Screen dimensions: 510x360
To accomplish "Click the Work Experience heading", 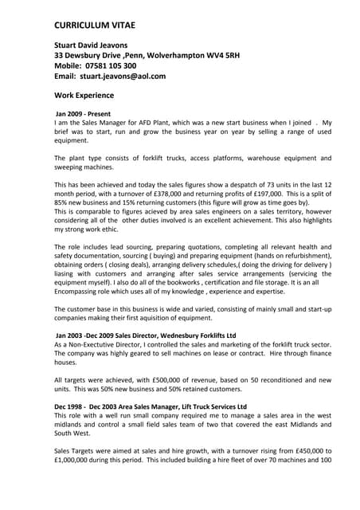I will point(89,97).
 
